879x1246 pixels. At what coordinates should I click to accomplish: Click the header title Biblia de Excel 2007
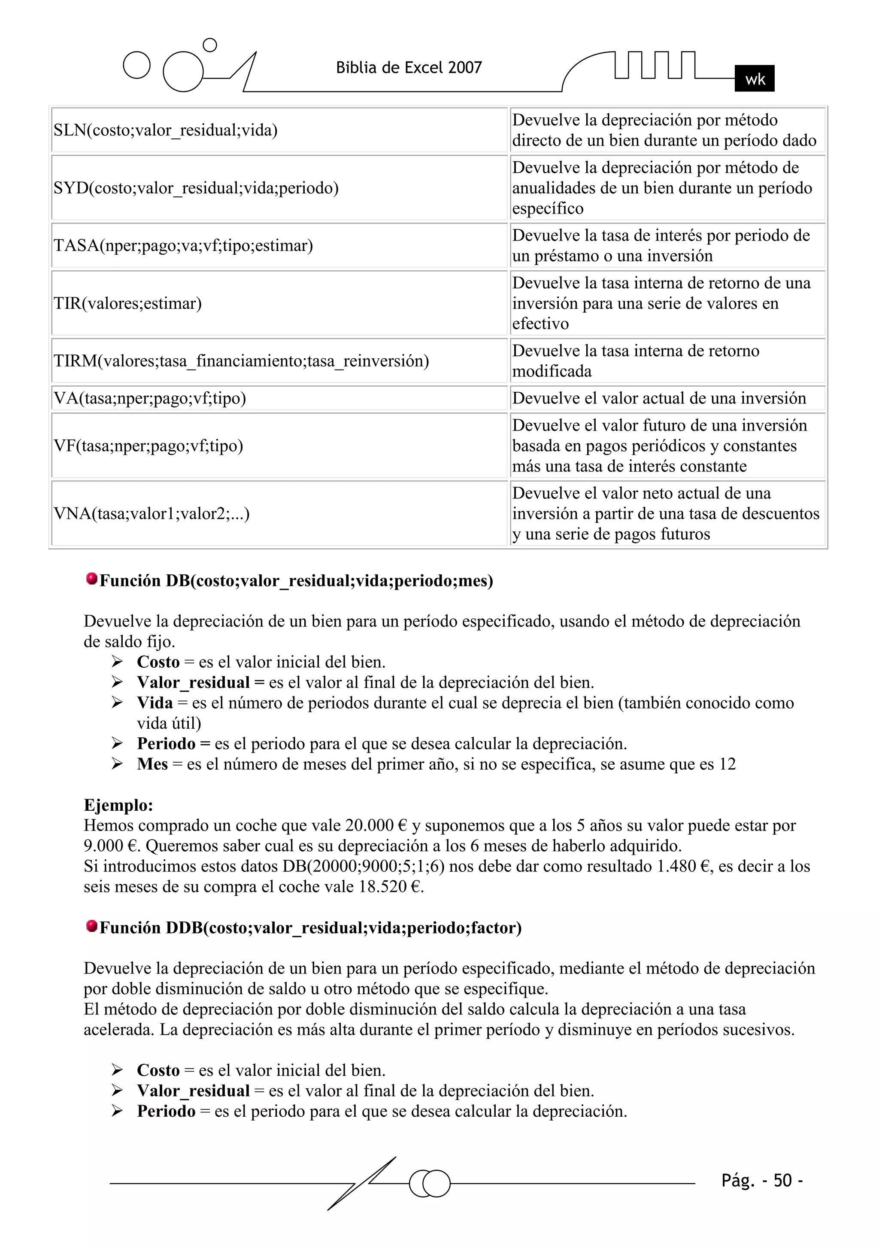tap(409, 68)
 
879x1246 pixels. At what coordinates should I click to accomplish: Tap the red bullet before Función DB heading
tap(92, 579)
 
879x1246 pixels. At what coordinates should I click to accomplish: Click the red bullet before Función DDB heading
tap(92, 926)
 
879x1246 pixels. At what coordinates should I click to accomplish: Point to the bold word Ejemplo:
tap(118, 805)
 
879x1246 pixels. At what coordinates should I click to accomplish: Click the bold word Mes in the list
tap(152, 764)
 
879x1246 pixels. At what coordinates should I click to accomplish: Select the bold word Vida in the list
tap(155, 703)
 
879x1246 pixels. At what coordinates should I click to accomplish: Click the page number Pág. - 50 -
tap(762, 1180)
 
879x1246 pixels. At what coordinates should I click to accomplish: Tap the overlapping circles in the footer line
tap(430, 1184)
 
